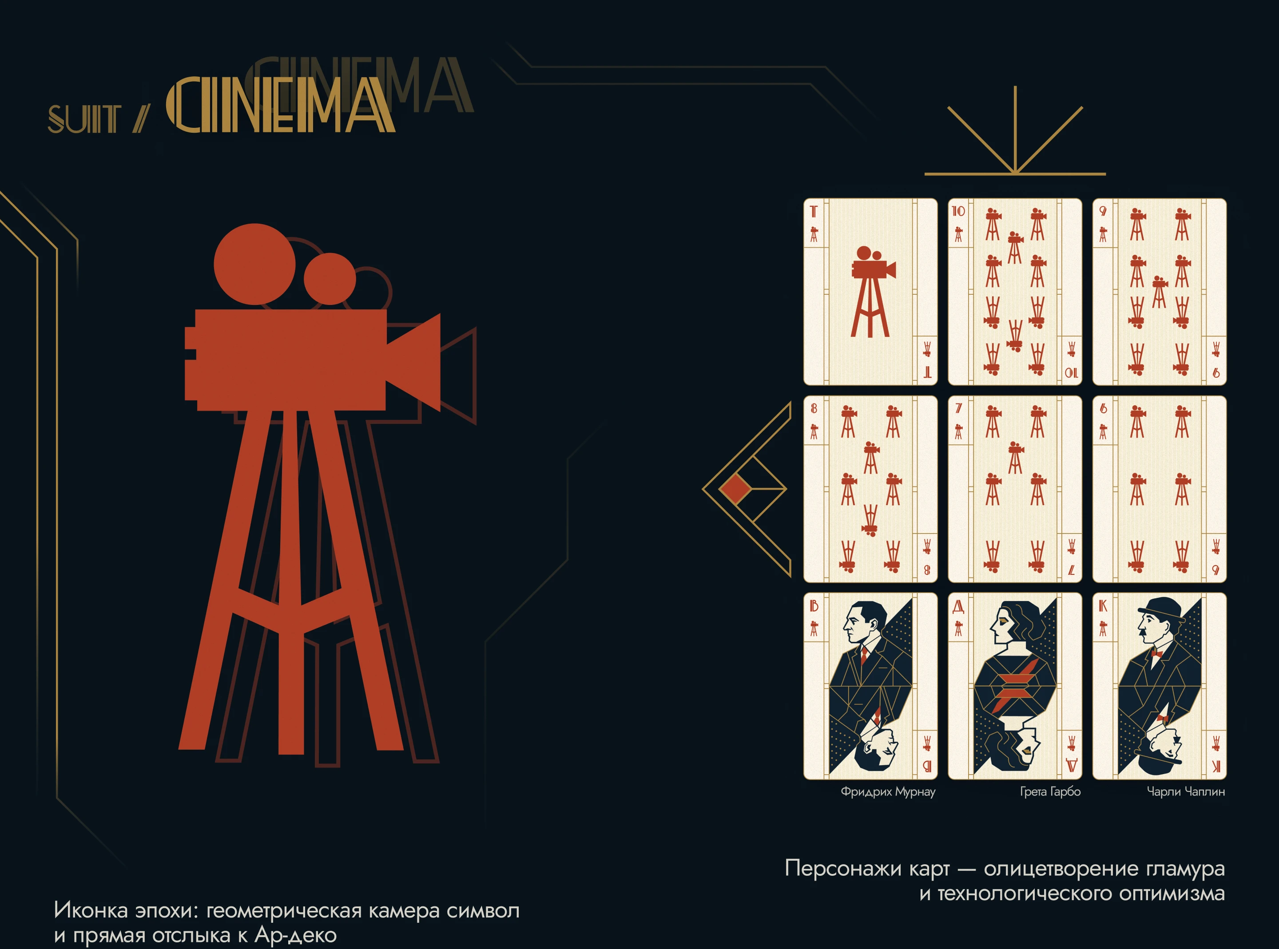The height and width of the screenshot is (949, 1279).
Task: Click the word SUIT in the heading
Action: [x=84, y=119]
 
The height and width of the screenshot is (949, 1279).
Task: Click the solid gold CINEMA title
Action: [x=280, y=106]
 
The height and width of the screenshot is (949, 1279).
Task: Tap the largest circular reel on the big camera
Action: [x=254, y=264]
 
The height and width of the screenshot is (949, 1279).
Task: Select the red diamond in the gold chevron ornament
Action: [x=735, y=489]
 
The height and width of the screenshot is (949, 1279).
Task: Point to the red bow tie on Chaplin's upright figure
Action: [x=1156, y=654]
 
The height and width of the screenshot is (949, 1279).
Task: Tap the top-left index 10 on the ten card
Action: [x=958, y=211]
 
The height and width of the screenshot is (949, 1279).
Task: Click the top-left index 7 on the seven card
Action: [x=958, y=408]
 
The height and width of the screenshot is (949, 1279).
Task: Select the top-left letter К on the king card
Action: [x=1103, y=606]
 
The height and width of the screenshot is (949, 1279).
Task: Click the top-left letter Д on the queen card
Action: [x=958, y=606]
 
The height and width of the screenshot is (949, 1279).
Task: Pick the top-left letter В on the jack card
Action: [x=814, y=606]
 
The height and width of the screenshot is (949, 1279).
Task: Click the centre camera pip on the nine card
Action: [x=1160, y=292]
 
